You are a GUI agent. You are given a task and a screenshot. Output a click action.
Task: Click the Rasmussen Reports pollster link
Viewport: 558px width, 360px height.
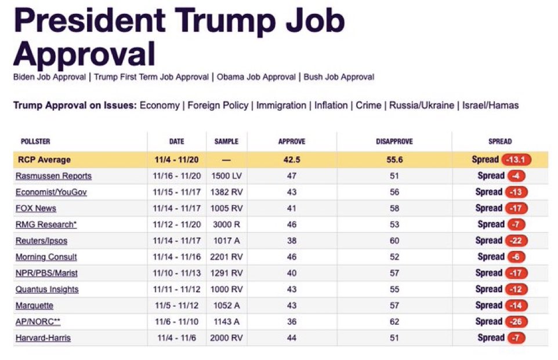(x=53, y=176)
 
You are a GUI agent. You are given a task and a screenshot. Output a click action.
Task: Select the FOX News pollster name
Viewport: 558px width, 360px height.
(x=36, y=208)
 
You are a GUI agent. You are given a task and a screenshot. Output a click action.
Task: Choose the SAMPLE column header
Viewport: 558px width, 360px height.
(x=226, y=141)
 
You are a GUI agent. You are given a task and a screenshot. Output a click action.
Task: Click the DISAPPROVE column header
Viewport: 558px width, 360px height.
(x=394, y=141)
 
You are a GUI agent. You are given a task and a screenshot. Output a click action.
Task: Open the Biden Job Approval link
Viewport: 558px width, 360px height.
(x=49, y=77)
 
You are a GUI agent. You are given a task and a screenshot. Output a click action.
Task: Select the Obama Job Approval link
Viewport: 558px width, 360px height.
(x=256, y=77)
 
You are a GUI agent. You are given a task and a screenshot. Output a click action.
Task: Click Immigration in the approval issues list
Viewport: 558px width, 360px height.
(x=281, y=106)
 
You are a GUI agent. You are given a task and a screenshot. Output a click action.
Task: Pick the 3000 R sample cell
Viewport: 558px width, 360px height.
(x=226, y=224)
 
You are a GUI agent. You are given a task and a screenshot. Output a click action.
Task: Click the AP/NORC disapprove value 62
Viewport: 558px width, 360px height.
(x=394, y=322)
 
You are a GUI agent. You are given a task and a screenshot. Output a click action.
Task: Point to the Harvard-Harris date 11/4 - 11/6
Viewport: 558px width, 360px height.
(x=176, y=338)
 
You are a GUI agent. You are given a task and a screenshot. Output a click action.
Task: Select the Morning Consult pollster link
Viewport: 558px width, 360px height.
(x=46, y=257)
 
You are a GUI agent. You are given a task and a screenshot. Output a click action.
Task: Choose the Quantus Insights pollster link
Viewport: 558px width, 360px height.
(x=47, y=289)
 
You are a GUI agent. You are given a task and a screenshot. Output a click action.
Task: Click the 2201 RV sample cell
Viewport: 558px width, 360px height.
(x=226, y=257)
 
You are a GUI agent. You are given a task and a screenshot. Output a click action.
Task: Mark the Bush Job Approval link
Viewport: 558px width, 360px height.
(x=339, y=77)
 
